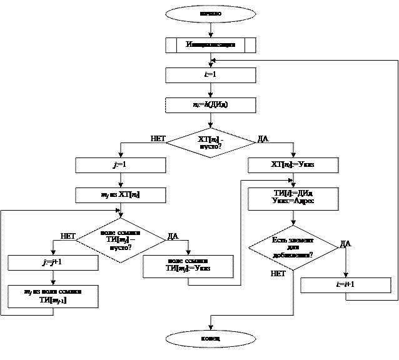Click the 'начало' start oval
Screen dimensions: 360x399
tap(210, 12)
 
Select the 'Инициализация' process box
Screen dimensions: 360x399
tap(210, 45)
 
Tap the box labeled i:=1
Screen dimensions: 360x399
tap(210, 75)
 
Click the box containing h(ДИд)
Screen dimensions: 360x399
tap(210, 105)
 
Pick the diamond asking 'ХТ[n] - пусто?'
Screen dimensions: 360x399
tap(210, 142)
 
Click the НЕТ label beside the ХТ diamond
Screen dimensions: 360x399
tap(158, 139)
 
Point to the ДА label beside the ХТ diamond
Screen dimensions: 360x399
tap(263, 139)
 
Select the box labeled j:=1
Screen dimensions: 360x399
tap(120, 165)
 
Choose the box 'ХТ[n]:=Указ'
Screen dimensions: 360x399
tap(293, 165)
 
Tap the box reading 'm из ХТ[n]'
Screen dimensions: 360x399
tap(120, 195)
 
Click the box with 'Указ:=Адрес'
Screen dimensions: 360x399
tap(293, 199)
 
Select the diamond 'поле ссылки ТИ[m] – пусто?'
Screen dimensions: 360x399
tap(120, 239)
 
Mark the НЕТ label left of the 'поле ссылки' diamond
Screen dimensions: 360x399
tap(68, 236)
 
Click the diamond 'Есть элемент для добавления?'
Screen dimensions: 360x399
tap(293, 247)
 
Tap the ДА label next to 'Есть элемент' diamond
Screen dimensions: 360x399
tap(346, 244)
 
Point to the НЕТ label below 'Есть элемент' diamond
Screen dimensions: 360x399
tap(278, 274)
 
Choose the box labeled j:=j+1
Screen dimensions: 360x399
tap(53, 262)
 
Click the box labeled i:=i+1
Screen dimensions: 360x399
tap(345, 285)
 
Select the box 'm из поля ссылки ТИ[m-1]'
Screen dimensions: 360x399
tap(53, 296)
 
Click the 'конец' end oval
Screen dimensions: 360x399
tap(210, 339)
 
